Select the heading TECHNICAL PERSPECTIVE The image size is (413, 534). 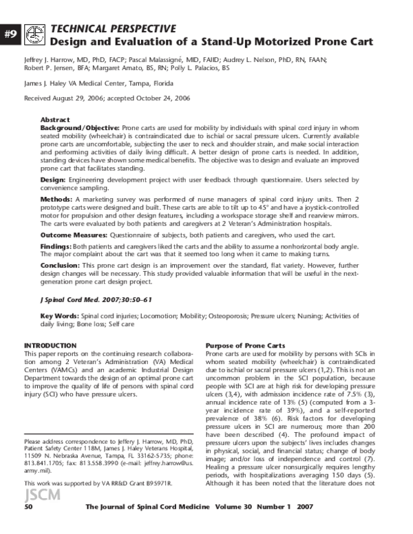pos(113,28)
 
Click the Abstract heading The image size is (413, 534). pos(55,120)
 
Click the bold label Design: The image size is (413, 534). pos(54,178)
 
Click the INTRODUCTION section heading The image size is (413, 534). pos(50,345)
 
